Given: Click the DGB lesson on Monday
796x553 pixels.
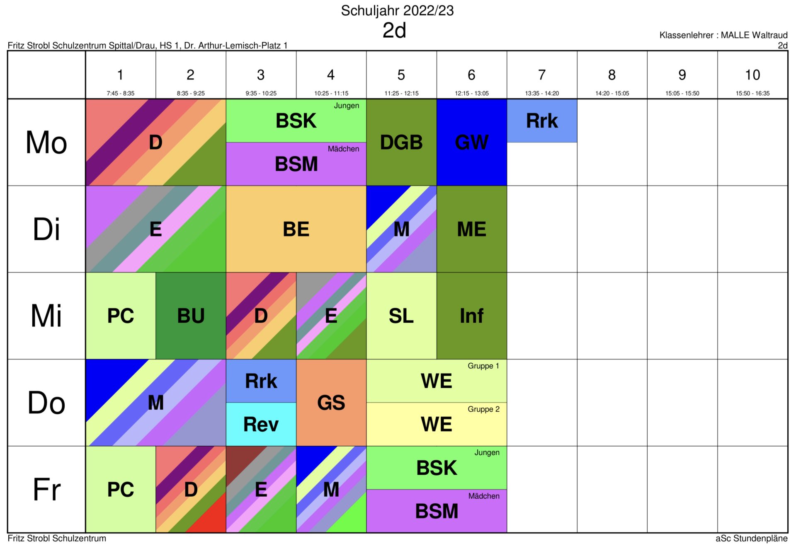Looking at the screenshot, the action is tap(401, 142).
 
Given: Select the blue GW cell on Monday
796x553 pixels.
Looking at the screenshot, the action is tap(472, 142).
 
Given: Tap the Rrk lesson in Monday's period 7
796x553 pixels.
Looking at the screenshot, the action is tap(542, 121).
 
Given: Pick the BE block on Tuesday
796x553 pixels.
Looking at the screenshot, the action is tap(296, 229).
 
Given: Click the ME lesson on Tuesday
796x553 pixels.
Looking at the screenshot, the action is tap(472, 229).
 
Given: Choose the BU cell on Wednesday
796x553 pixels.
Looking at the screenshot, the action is tap(191, 316).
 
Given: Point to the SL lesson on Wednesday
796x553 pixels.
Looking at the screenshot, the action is tap(401, 316).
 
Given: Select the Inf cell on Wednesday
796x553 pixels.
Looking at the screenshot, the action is tap(472, 316).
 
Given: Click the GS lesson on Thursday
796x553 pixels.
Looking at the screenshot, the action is tap(331, 403).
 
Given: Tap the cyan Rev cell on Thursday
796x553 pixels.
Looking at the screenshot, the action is tap(261, 424).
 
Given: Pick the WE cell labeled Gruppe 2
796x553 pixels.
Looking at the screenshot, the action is tap(437, 424).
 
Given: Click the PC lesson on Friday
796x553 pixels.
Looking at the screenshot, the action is tap(121, 489).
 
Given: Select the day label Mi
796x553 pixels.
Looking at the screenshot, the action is tap(46, 316).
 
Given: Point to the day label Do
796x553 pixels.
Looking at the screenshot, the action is tap(46, 403).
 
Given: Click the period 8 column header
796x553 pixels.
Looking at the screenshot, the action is tap(612, 75).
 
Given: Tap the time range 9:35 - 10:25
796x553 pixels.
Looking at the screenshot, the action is tap(261, 93).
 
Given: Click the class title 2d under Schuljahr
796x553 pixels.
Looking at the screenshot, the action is tap(394, 30).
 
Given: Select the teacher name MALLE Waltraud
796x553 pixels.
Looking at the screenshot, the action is tap(754, 35).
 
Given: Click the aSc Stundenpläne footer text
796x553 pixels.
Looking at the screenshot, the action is tap(751, 539).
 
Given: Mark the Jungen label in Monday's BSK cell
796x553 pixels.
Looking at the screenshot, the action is tap(347, 106).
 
